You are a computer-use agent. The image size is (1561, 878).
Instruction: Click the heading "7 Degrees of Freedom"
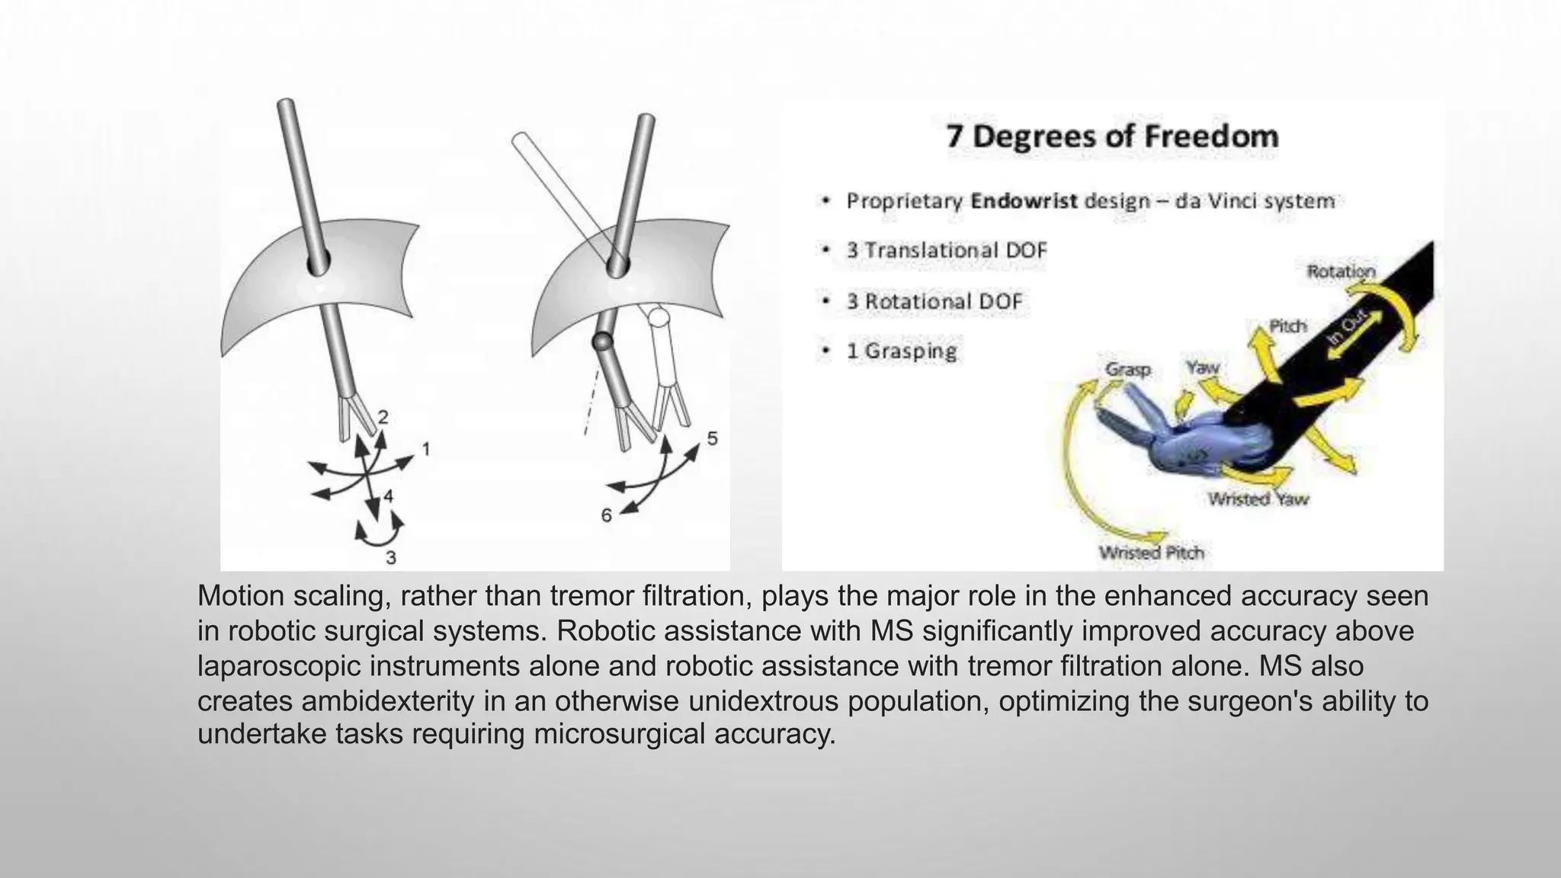pyautogui.click(x=1112, y=137)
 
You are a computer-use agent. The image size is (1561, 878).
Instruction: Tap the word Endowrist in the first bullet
pyautogui.click(x=1024, y=202)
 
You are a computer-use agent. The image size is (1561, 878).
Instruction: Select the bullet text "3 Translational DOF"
pyautogui.click(x=947, y=251)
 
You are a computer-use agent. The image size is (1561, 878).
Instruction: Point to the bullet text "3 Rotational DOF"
pyautogui.click(x=934, y=302)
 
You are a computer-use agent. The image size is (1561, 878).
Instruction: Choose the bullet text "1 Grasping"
pyautogui.click(x=902, y=351)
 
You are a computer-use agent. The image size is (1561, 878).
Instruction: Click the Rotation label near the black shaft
pyautogui.click(x=1341, y=271)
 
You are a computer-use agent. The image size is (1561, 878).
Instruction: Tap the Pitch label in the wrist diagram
pyautogui.click(x=1287, y=326)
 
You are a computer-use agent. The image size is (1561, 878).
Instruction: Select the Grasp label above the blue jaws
pyautogui.click(x=1127, y=370)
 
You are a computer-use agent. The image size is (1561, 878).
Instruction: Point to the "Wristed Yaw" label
pyautogui.click(x=1258, y=499)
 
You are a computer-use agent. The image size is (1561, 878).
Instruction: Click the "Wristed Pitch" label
pyautogui.click(x=1151, y=553)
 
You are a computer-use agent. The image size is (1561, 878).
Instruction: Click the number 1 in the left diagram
pyautogui.click(x=426, y=449)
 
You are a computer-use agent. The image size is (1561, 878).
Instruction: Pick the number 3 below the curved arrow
pyautogui.click(x=391, y=558)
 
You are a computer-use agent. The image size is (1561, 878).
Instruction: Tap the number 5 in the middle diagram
pyautogui.click(x=712, y=439)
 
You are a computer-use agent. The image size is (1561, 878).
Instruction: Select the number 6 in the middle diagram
pyautogui.click(x=606, y=516)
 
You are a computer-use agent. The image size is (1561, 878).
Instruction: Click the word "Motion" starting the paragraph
pyautogui.click(x=241, y=597)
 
